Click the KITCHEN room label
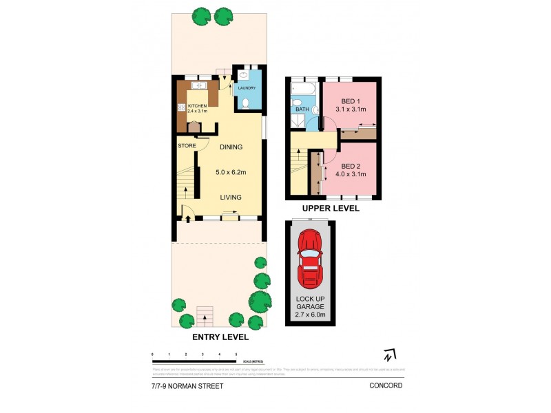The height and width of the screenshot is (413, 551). coord(196,105)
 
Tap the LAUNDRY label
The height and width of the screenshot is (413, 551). coord(247,88)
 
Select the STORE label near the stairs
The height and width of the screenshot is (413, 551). coord(187,146)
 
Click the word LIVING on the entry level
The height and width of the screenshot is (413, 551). coord(231,198)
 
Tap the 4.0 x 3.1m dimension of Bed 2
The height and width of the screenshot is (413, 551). coord(351,174)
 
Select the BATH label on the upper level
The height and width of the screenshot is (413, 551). coord(302,109)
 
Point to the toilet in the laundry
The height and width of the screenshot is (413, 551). coord(247,104)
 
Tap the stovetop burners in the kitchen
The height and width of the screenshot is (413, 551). coord(183,107)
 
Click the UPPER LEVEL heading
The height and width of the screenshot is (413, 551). coord(331,208)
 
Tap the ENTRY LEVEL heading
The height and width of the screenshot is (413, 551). coord(220,338)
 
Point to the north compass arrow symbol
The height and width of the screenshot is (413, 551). coord(390,355)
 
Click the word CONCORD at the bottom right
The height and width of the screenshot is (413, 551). coord(386,386)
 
